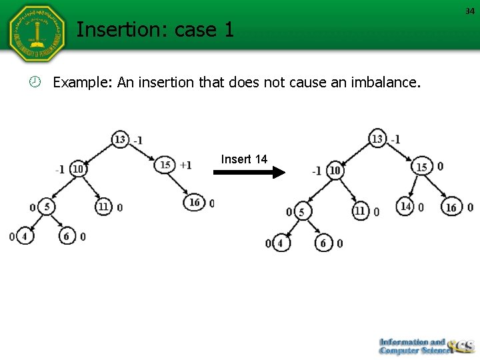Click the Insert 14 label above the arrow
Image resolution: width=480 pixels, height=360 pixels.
click(x=244, y=159)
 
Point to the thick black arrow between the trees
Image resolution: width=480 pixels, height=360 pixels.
click(x=249, y=172)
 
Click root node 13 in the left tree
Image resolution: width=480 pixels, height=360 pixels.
click(x=121, y=139)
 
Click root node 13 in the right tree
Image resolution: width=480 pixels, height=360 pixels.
click(x=378, y=139)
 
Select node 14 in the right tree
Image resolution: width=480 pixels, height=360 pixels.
click(x=405, y=207)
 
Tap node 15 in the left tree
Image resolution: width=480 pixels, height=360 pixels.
click(x=165, y=164)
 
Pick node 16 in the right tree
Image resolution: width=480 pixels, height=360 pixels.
click(x=451, y=207)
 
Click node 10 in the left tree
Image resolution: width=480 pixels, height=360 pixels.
click(x=78, y=169)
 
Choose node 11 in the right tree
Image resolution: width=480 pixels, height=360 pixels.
click(x=360, y=211)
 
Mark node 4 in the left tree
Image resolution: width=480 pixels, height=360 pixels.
click(x=25, y=236)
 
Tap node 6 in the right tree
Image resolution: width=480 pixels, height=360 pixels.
click(x=323, y=243)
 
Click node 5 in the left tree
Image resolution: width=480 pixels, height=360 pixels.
click(x=47, y=207)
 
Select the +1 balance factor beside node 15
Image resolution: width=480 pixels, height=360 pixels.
click(x=185, y=165)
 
